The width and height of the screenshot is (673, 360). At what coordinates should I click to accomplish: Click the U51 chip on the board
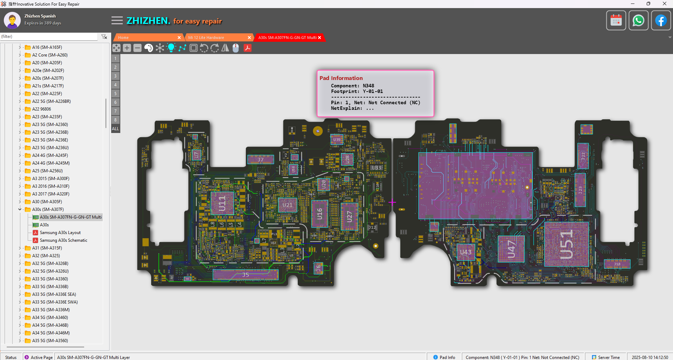[x=566, y=244]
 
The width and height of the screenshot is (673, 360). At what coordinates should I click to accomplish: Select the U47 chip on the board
[x=511, y=249]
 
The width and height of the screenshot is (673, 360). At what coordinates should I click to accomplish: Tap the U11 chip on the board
[x=222, y=204]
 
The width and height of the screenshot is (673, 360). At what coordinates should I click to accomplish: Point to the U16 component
[x=319, y=214]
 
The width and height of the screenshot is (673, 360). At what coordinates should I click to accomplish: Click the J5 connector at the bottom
[x=245, y=275]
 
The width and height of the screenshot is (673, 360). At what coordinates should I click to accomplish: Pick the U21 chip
[x=287, y=205]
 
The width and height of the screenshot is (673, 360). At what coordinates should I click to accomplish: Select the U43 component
[x=466, y=252]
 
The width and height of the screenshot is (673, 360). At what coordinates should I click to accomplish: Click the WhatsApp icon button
[x=638, y=21]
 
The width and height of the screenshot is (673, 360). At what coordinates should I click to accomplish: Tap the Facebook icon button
[x=661, y=21]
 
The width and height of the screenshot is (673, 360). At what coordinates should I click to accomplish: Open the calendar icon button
[x=616, y=21]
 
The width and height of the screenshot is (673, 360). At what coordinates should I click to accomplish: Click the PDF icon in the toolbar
[x=248, y=48]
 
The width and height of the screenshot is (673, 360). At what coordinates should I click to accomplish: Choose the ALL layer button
[x=115, y=129]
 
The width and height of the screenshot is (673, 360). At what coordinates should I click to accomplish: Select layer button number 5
[x=115, y=94]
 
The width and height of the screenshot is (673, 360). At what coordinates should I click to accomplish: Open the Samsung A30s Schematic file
[x=63, y=240]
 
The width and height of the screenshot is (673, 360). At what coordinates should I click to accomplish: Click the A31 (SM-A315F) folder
[x=47, y=248]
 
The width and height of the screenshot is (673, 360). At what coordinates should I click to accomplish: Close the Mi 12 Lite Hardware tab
[x=249, y=38]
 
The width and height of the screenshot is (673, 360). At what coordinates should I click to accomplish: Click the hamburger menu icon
[x=117, y=21]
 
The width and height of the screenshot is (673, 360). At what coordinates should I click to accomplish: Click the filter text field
[x=49, y=36]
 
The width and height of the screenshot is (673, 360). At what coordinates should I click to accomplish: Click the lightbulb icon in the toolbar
[x=171, y=48]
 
